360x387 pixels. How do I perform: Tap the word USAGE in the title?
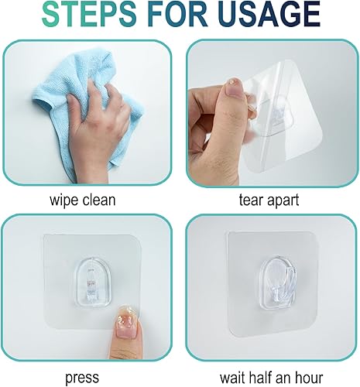click(x=261, y=14)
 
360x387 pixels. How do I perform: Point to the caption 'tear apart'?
click(x=269, y=200)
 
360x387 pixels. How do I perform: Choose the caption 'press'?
click(x=81, y=378)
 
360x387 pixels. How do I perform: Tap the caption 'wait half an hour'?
click(x=269, y=378)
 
